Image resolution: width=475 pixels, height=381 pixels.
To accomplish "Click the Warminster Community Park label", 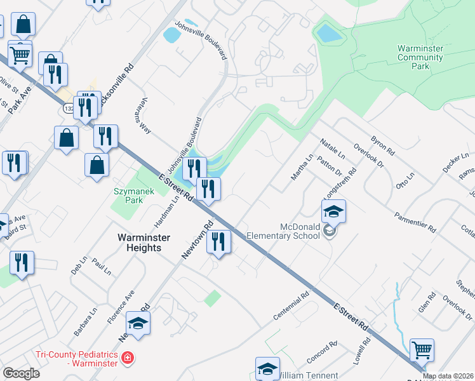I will click(x=420, y=57).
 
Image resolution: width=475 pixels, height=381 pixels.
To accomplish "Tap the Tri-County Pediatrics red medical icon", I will click(x=128, y=359).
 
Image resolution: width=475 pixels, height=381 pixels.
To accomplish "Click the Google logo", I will click(x=21, y=373).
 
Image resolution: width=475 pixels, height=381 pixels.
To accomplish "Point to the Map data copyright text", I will click(x=448, y=376).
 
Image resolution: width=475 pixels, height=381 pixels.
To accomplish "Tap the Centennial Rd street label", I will click(x=291, y=305).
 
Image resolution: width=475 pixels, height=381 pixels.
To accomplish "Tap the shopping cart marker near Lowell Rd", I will click(x=422, y=350).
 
